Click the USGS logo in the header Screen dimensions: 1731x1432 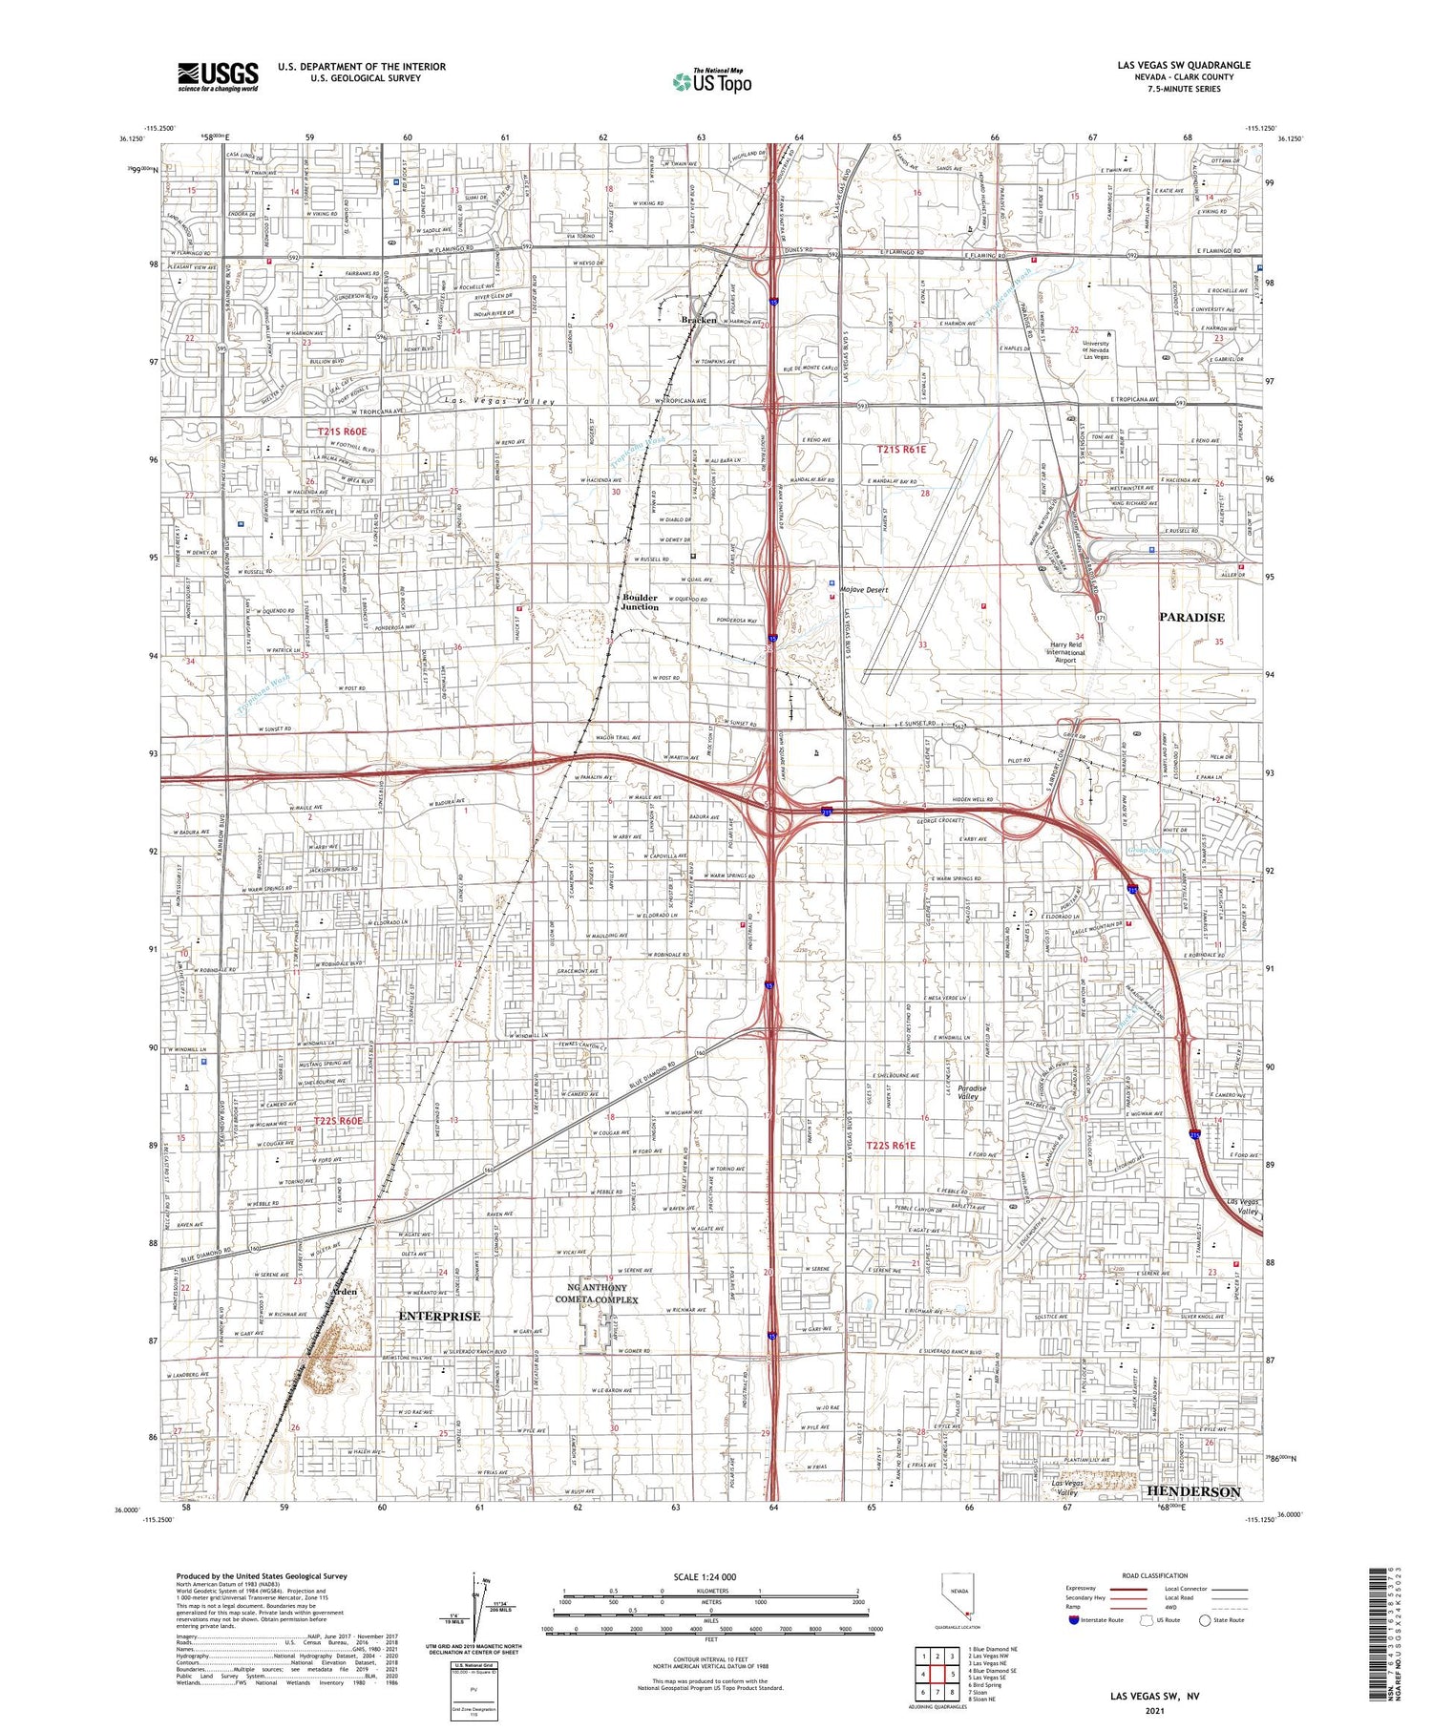(218, 76)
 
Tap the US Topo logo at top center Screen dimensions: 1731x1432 (711, 82)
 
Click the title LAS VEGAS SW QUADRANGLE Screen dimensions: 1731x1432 (1184, 65)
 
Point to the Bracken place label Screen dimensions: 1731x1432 (698, 320)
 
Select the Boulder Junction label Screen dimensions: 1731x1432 (640, 602)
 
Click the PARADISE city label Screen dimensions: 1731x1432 (1191, 618)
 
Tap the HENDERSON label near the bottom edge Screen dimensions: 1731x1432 (1192, 1491)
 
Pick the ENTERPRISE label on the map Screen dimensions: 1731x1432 (439, 1316)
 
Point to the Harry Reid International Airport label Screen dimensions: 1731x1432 (1064, 652)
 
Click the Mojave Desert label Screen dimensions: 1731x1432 (864, 590)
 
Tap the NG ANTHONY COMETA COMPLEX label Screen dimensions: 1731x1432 (601, 1294)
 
